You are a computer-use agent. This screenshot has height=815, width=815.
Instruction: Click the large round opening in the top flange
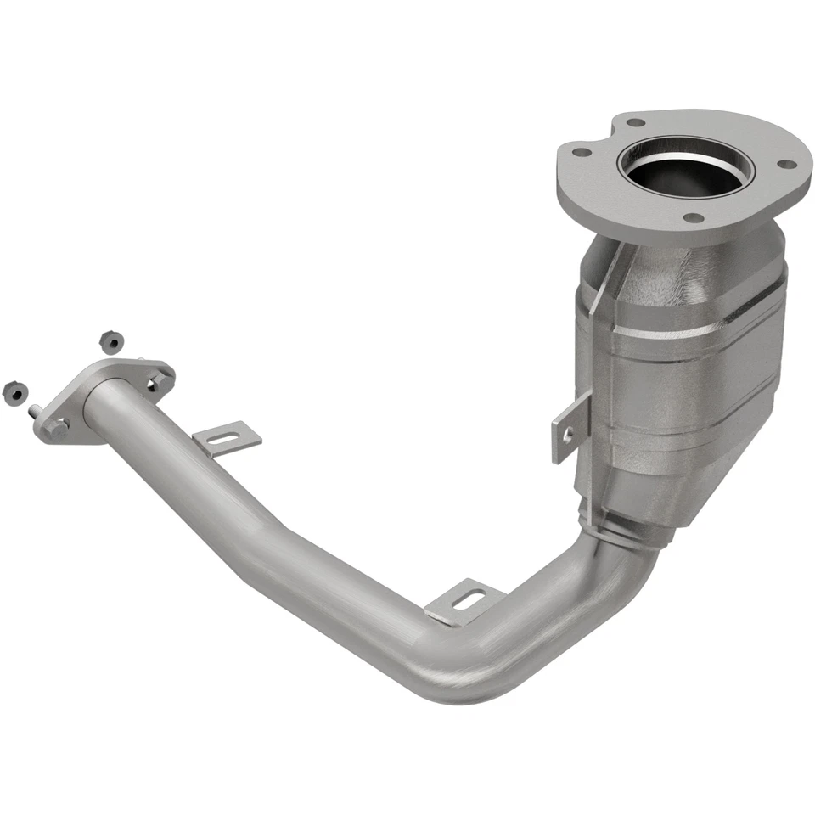coord(684,168)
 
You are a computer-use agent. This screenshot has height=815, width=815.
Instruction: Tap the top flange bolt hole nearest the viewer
coord(694,217)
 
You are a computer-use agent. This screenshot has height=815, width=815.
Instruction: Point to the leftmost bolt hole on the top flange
coord(581,153)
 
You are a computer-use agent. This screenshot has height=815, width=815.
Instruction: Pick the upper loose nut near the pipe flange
coord(110,341)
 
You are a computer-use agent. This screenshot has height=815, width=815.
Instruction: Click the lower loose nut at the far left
coord(14,391)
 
